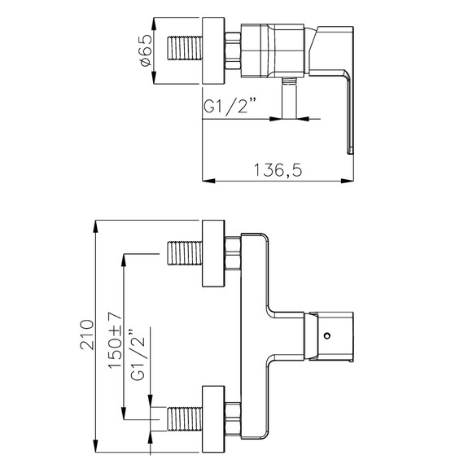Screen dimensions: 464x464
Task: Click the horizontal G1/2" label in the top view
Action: tap(231, 106)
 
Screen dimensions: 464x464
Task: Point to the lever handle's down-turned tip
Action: tap(352, 145)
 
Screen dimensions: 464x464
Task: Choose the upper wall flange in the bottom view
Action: tap(213, 252)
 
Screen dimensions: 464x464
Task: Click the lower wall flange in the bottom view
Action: tap(213, 419)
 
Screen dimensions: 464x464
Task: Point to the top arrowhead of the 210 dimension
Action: tap(96, 224)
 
